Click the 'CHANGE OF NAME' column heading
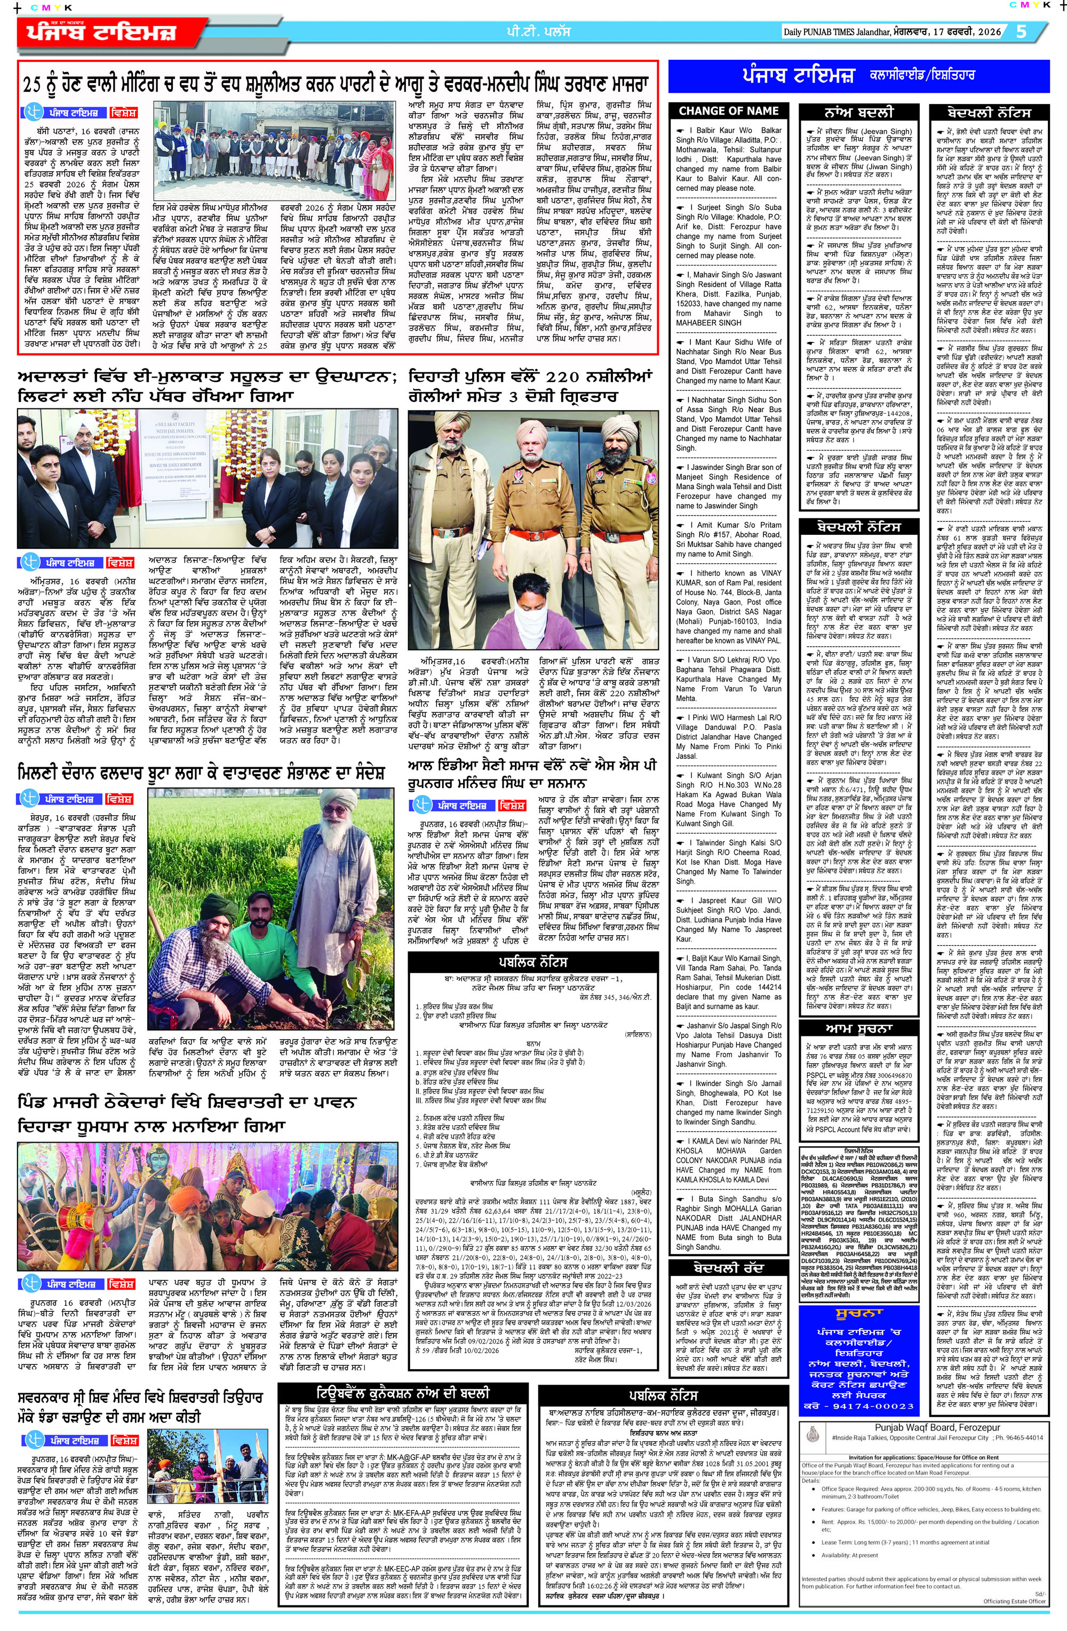click(x=728, y=111)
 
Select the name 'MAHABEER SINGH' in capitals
click(x=708, y=323)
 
